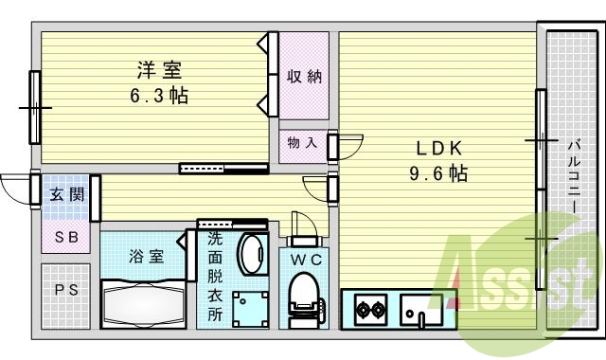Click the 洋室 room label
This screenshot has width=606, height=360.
click(158, 69)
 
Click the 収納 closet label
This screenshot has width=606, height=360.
click(304, 77)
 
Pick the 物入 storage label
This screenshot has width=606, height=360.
click(302, 142)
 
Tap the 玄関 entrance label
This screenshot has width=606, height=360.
click(66, 196)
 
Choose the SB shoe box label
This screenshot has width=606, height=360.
click(65, 237)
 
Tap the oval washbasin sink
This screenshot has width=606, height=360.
click(252, 253)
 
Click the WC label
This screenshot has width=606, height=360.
click(304, 259)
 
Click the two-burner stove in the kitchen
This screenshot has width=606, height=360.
click(368, 309)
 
